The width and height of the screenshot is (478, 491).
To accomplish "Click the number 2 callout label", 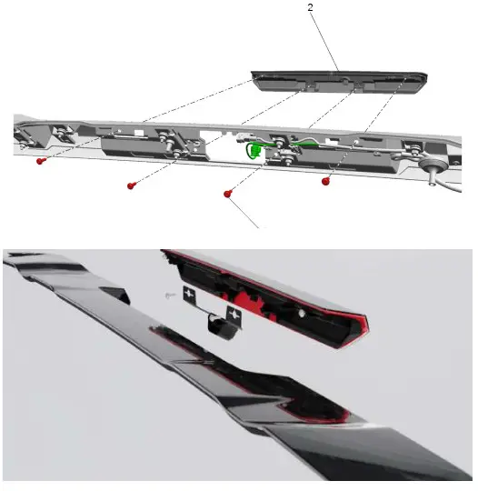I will [x=311, y=8].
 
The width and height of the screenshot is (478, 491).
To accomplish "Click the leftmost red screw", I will [x=41, y=160].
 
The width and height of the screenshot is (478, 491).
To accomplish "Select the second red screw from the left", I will [x=132, y=185].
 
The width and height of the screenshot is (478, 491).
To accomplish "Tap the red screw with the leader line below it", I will [x=226, y=193].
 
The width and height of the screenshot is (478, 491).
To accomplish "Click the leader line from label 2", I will [x=326, y=41].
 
